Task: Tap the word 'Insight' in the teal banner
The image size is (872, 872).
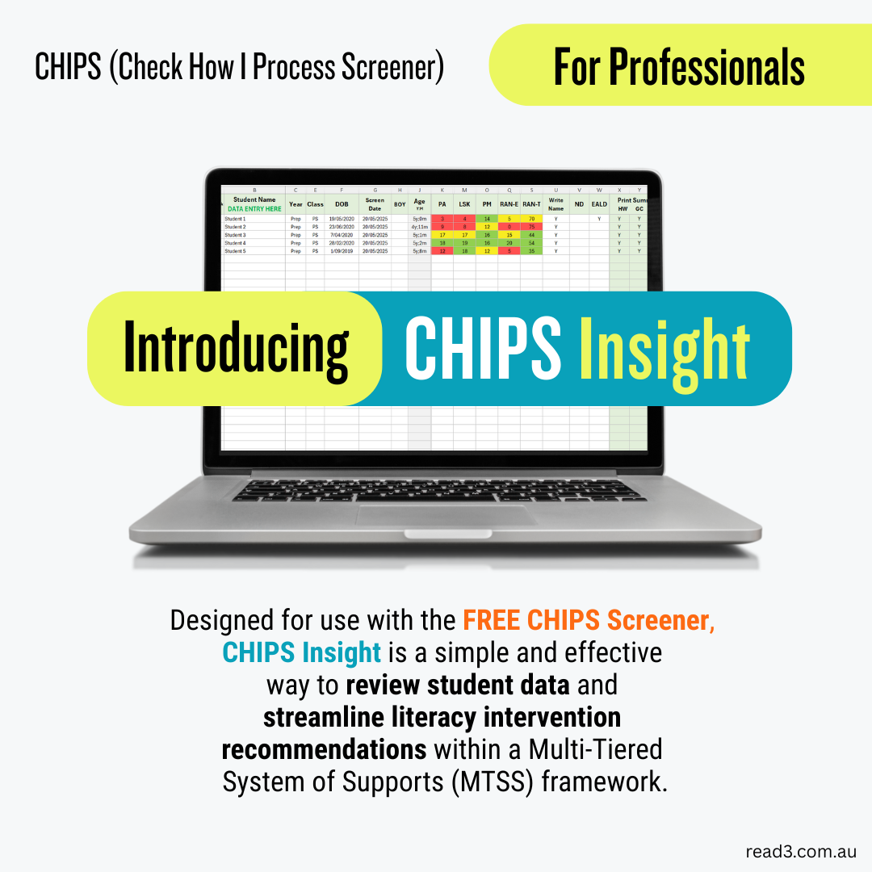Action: [664, 349]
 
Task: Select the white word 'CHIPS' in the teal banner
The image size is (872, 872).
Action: [482, 349]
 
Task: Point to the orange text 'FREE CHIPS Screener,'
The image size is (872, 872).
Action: [589, 620]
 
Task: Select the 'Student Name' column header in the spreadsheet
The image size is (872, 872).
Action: [254, 199]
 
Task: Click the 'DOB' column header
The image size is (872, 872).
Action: [342, 204]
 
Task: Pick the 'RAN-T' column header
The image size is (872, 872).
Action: [531, 204]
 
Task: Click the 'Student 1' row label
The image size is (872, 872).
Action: [235, 219]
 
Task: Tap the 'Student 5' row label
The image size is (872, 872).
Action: [235, 251]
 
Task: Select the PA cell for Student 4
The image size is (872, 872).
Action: [442, 243]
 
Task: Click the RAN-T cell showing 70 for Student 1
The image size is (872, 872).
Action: [531, 219]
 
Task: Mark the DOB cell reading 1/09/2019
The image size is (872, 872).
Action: [342, 251]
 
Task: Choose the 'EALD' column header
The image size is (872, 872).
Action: [599, 204]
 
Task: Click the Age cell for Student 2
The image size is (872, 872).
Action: [419, 227]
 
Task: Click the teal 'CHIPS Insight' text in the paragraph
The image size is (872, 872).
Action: [302, 652]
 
